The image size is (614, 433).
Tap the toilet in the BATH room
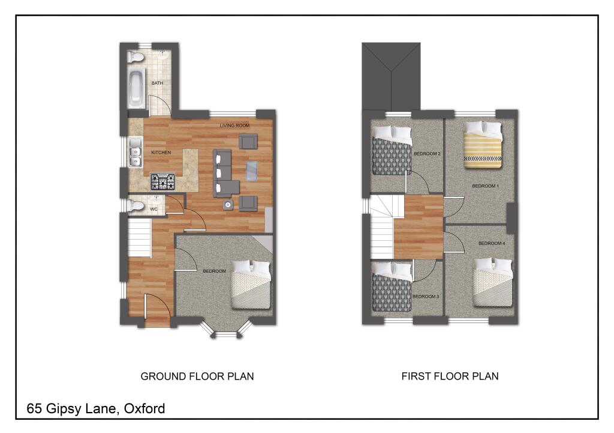tap(136, 57)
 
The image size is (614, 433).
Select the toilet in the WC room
tap(136, 206)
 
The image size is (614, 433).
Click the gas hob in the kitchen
tap(162, 181)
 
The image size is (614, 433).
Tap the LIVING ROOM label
tap(234, 126)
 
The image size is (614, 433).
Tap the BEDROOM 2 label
tap(428, 154)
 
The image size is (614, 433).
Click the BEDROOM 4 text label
tap(492, 243)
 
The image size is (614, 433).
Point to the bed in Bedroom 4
tap(493, 283)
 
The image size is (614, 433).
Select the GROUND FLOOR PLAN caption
tap(197, 377)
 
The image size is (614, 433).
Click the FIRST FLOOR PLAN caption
tap(450, 377)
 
